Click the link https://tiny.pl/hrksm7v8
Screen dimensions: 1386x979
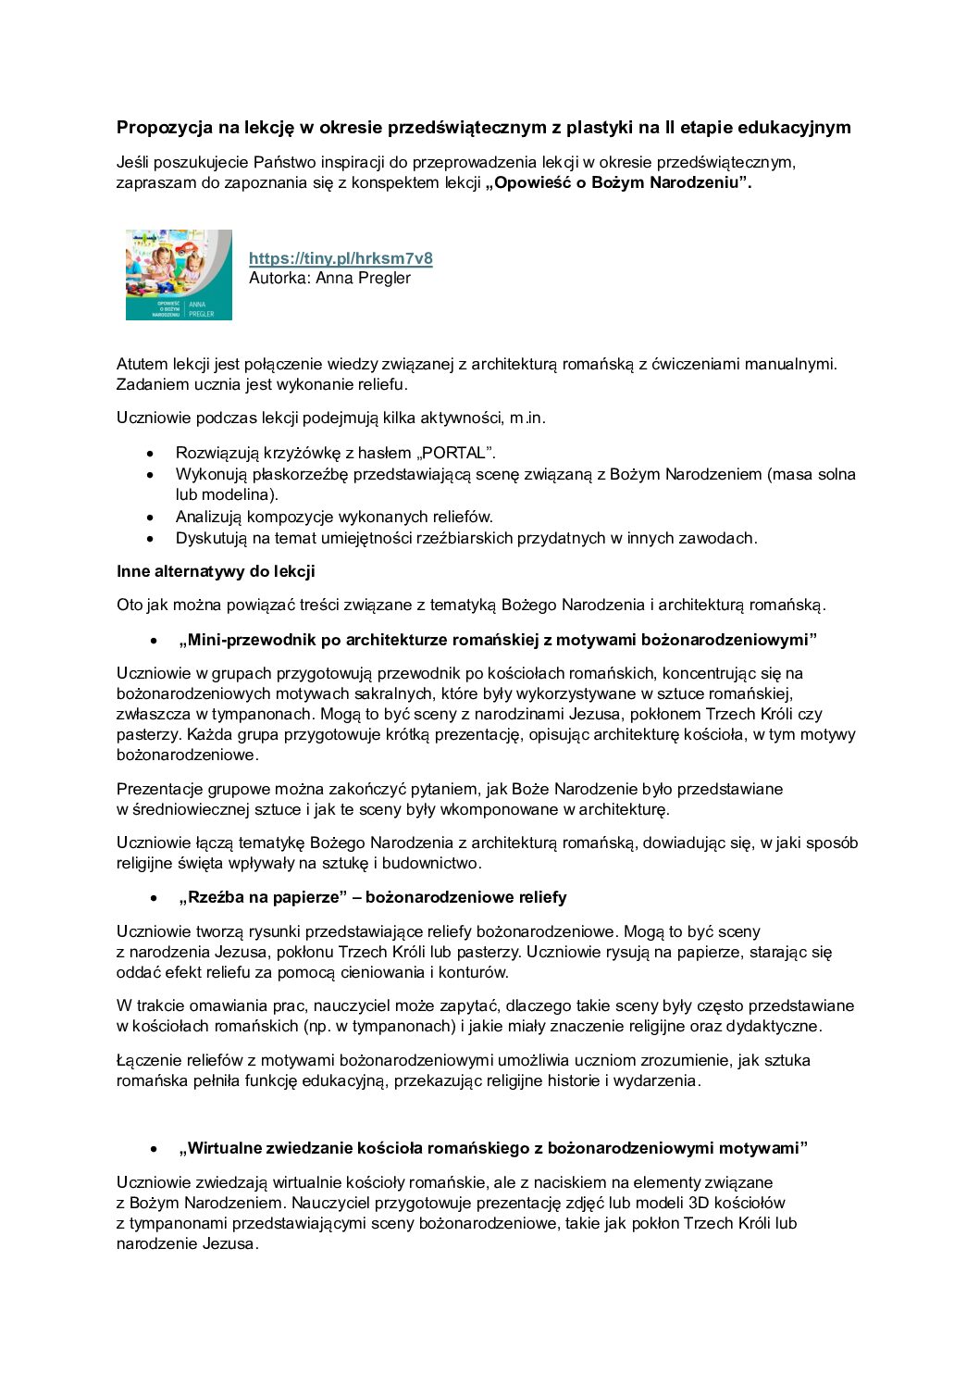coord(341,258)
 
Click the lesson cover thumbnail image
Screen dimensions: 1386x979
coord(179,275)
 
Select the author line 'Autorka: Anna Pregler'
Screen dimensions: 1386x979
coord(329,278)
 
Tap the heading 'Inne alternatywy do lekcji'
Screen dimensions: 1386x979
coord(216,571)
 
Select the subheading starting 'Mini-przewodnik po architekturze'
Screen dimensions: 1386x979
coord(498,640)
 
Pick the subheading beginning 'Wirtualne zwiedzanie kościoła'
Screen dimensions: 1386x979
coord(493,1148)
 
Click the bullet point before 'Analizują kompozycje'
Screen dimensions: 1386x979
coord(151,518)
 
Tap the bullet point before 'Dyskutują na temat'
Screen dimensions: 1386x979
coord(151,539)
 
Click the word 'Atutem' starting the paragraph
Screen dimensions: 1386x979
coord(143,364)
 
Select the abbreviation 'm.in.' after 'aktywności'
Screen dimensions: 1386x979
coord(527,418)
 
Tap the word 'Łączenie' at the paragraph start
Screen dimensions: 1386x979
coord(149,1060)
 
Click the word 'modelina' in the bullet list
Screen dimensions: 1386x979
coord(243,494)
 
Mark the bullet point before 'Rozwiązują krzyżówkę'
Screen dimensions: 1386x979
coord(151,454)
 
